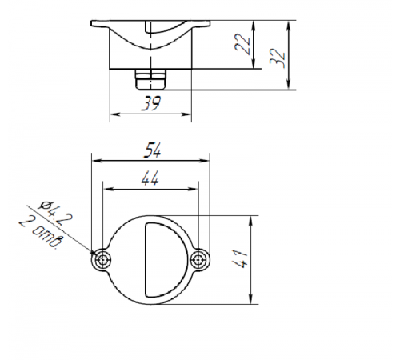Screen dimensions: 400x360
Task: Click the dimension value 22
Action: point(242,44)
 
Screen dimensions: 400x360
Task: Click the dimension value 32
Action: point(278,58)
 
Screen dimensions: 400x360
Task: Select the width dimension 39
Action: point(151,103)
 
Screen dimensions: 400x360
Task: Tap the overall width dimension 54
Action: point(152,150)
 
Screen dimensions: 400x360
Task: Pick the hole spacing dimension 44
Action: point(150,178)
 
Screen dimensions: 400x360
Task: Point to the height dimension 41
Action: point(240,258)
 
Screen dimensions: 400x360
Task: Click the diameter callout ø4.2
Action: point(56,213)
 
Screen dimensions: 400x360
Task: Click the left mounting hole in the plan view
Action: point(102,259)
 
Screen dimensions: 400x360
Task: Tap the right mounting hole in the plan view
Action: point(198,259)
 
